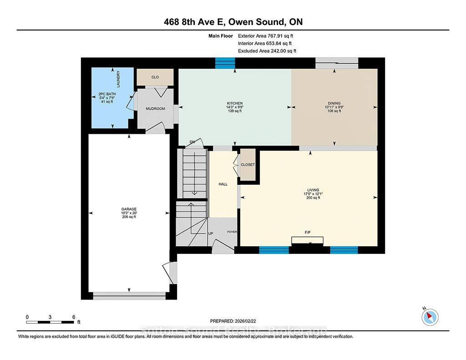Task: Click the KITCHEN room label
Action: (235, 103)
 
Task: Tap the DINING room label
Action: (334, 103)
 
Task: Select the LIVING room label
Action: (313, 190)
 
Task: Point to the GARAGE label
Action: (129, 209)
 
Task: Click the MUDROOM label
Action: (156, 109)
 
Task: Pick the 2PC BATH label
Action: (107, 94)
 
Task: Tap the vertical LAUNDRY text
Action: (118, 79)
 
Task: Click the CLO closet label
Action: (155, 77)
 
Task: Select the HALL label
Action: (223, 184)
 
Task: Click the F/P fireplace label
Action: (308, 233)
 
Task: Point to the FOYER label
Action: (232, 232)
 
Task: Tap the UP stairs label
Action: (211, 233)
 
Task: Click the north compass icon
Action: (430, 317)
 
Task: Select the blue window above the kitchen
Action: (225, 63)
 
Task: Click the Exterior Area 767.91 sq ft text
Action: (265, 36)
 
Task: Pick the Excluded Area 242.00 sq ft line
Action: (267, 51)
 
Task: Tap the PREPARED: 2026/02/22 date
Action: (233, 321)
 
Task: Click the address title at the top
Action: (233, 22)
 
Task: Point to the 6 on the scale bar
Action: (74, 317)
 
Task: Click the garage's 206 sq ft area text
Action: (129, 217)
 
